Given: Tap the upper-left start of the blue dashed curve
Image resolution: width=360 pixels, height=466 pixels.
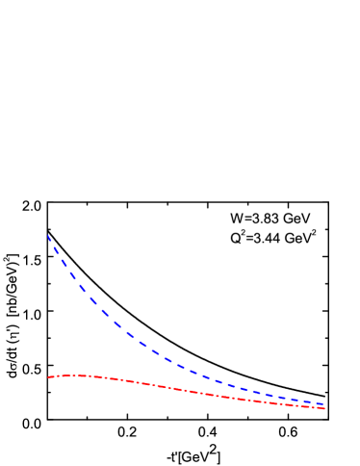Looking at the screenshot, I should click(48, 235).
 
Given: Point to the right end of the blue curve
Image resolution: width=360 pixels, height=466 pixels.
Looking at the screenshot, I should click(323, 404).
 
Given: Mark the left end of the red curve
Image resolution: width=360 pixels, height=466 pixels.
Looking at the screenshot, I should click(48, 376).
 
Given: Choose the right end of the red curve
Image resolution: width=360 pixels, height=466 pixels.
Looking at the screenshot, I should click(325, 408).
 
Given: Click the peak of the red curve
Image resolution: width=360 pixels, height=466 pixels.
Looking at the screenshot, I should click(73, 374).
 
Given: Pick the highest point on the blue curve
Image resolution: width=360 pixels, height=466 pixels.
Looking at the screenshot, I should click(48, 235).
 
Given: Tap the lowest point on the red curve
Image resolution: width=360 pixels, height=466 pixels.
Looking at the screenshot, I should click(325, 408).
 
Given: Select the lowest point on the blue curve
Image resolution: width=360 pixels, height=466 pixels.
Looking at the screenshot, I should click(323, 404).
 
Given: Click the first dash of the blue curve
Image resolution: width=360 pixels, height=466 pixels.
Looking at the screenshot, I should click(51, 241).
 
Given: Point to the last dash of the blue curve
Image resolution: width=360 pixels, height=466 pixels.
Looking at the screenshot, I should click(318, 402).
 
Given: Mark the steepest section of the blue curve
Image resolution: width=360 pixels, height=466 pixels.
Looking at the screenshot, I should click(58, 254).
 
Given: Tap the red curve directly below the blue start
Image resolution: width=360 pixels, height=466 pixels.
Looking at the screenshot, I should click(48, 376).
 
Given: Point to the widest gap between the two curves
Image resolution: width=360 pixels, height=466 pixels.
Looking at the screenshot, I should click(48, 306).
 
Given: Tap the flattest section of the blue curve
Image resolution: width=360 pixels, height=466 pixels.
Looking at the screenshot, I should click(298, 399).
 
